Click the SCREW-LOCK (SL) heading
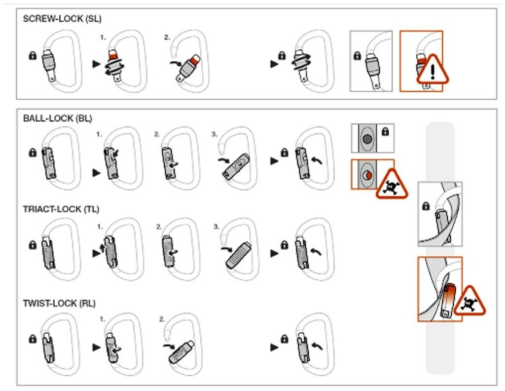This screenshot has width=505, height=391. coord(62,19)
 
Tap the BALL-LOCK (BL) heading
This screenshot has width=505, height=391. coord(57,118)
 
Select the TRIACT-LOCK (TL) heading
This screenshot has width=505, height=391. coord(61,209)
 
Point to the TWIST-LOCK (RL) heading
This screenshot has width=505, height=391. coord(59,303)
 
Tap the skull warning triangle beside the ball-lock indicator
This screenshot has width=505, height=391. coord(392,185)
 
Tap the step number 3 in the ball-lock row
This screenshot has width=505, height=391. coord(215,134)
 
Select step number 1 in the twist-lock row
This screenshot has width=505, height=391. coord(103,319)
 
